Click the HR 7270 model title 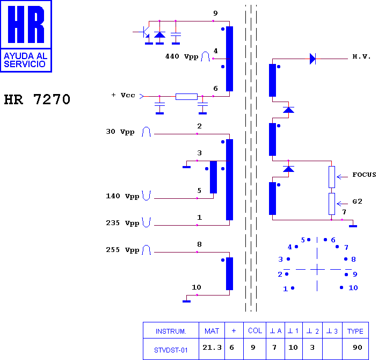37,99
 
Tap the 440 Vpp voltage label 182,56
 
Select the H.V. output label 361,56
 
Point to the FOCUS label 364,175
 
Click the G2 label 357,201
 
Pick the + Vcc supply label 123,95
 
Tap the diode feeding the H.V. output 312,59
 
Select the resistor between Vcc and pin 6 186,97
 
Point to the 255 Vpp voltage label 122,250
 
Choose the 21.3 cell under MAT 212,348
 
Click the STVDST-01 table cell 171,350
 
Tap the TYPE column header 355,332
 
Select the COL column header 255,330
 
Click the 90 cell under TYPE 357,348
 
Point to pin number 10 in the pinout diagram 353,287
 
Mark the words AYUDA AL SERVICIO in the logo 26,60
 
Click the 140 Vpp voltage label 122,196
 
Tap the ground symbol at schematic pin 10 187,301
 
